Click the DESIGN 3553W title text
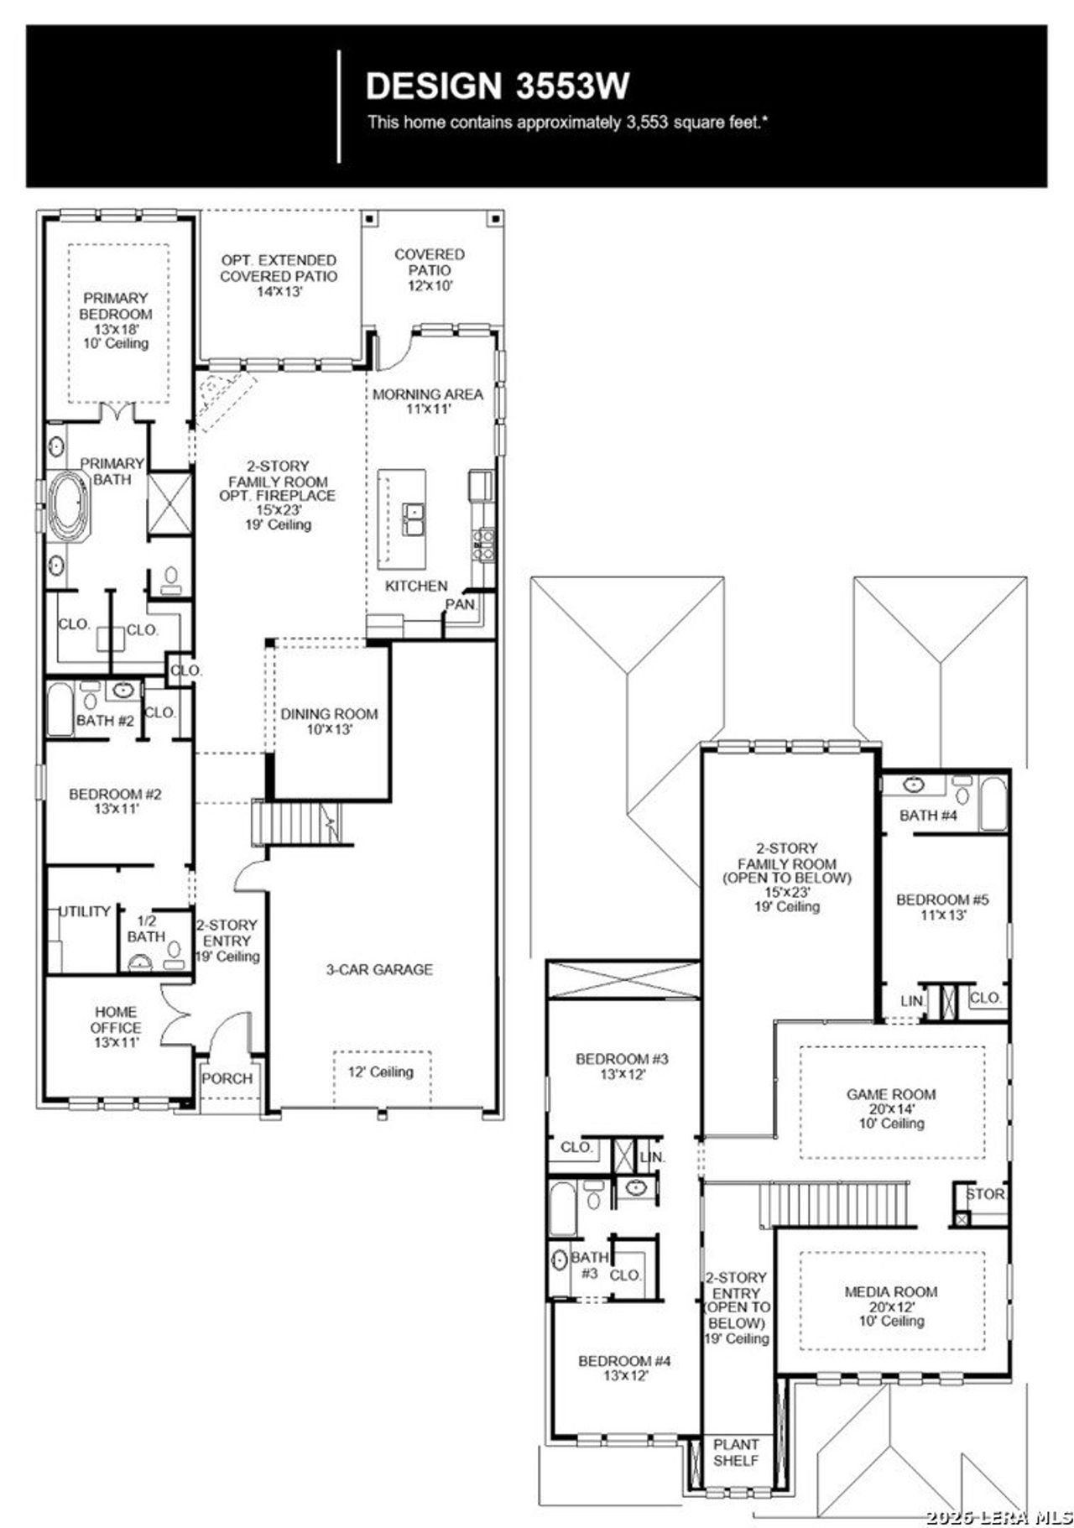point(498,86)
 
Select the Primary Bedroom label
point(117,320)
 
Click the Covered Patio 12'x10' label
point(430,269)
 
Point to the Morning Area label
point(428,401)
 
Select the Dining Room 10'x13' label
point(329,721)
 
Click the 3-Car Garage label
point(379,969)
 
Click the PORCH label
point(227,1078)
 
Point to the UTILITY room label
point(85,911)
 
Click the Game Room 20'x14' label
point(891,1108)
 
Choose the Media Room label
point(891,1306)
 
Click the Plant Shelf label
point(736,1452)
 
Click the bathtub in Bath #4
point(993,804)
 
